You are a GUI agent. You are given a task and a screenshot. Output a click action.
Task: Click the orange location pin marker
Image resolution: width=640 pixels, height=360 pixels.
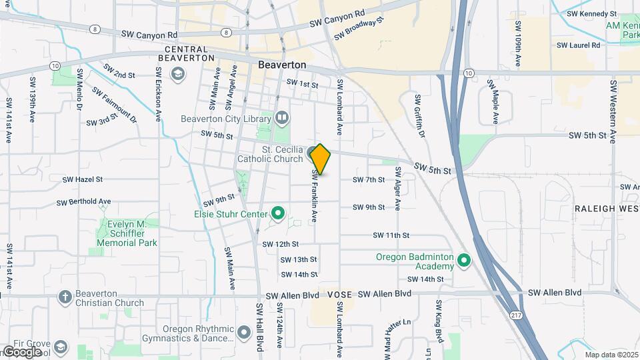pos(320,159)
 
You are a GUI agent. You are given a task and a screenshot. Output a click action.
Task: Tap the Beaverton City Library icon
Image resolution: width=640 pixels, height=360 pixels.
pos(283,119)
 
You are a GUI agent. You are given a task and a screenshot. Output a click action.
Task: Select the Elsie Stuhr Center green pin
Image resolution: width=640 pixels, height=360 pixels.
pos(278,214)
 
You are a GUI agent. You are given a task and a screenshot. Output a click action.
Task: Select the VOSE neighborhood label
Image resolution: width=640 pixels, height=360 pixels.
pos(340,294)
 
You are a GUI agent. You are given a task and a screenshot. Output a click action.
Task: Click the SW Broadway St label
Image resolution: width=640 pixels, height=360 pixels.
pos(359,28)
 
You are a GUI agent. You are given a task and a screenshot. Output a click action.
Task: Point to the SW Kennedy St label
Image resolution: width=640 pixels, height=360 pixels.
pos(592,13)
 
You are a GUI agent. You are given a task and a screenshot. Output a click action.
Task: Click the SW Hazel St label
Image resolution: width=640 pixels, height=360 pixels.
pos(83,179)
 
